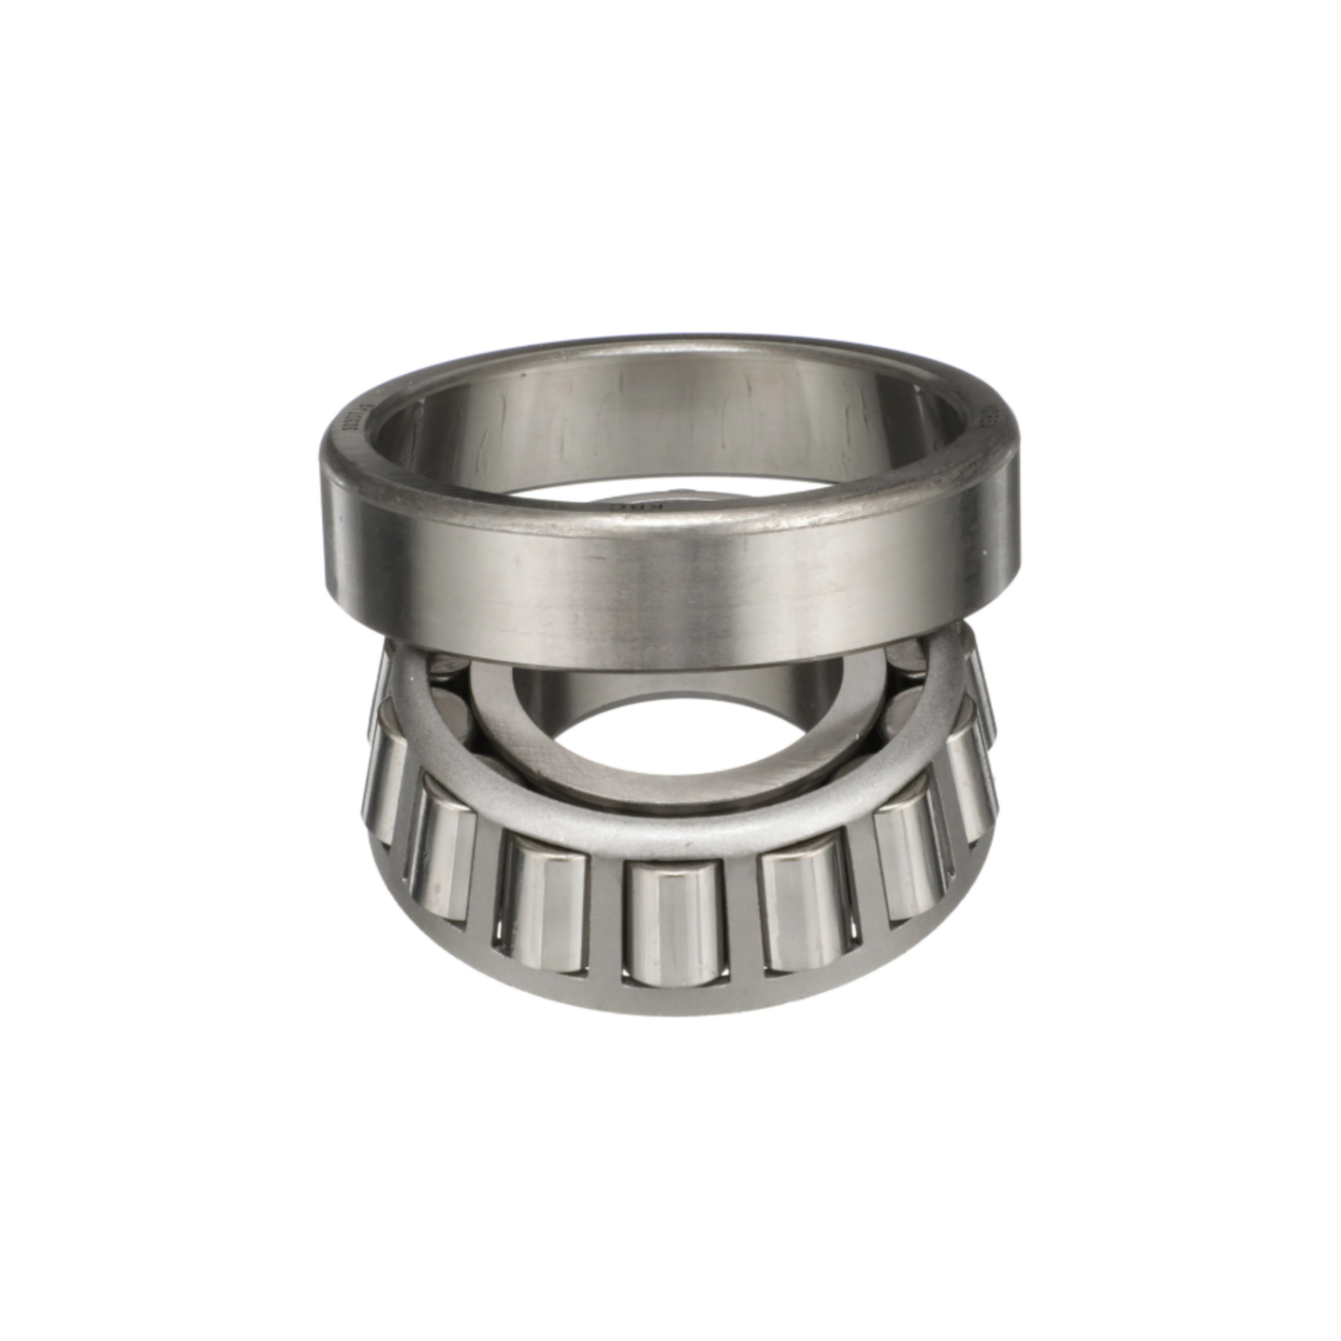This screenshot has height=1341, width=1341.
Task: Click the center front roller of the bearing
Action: pos(674,923)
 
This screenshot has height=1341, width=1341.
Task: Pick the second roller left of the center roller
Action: pos(444,877)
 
